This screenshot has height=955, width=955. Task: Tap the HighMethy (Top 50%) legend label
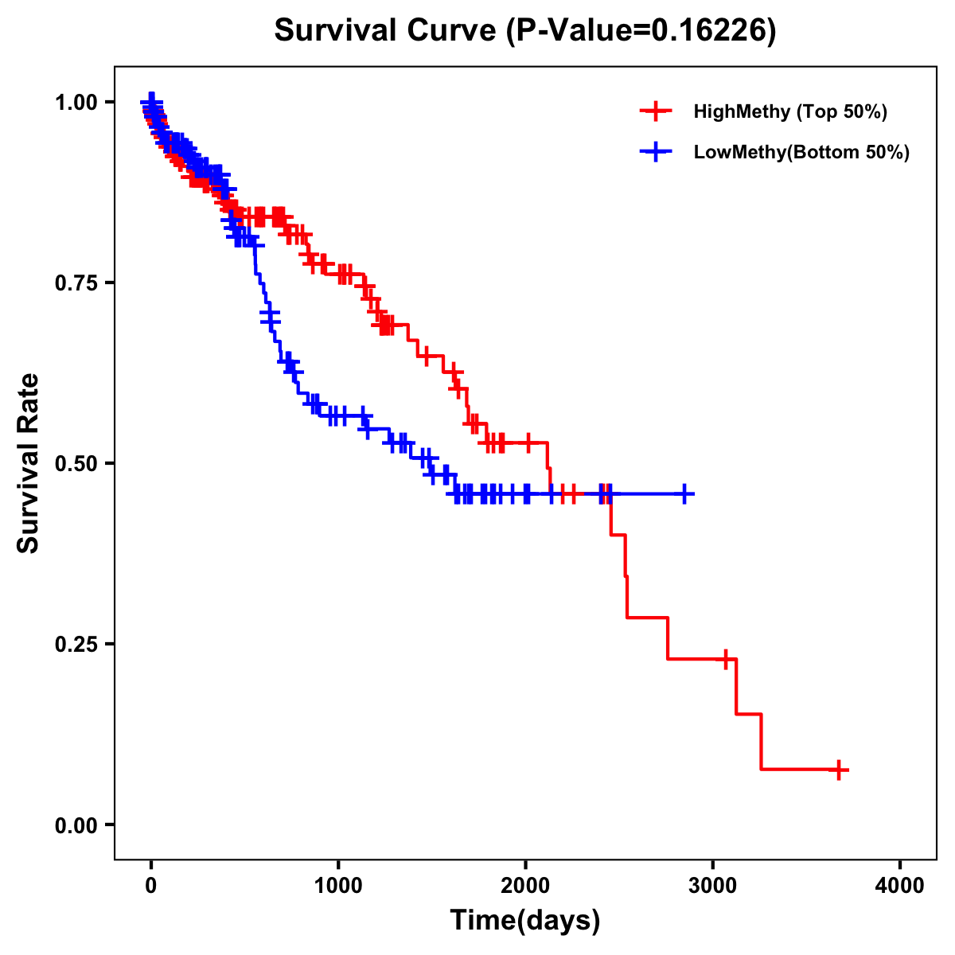789,111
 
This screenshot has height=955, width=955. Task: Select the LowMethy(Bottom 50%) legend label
801,153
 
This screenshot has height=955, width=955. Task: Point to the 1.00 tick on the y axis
75,102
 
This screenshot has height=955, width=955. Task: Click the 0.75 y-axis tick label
75,283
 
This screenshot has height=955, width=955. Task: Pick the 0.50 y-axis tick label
75,463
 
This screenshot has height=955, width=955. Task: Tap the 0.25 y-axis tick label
75,644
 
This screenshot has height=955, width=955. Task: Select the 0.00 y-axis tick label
75,824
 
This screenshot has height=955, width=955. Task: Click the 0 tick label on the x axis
151,886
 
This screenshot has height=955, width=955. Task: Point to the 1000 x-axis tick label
338,886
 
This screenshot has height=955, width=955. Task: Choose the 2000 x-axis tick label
525,886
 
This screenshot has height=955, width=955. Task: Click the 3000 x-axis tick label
713,886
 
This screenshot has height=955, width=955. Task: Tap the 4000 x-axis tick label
900,886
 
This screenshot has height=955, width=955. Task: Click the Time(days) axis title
525,921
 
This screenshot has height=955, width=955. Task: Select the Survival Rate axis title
29,463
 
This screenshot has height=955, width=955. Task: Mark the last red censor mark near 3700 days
839,770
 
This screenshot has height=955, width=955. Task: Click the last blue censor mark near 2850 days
684,494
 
